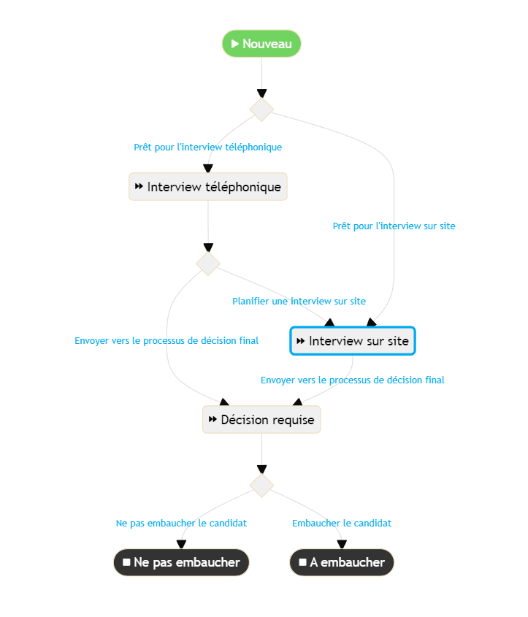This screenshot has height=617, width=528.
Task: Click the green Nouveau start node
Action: (261, 44)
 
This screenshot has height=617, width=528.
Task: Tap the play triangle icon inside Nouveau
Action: (235, 44)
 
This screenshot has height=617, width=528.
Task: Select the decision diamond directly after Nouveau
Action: (261, 110)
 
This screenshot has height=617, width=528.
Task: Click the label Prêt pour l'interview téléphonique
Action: (207, 147)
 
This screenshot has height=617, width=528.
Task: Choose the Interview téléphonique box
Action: (208, 187)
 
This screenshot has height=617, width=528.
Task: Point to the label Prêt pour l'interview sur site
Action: (394, 226)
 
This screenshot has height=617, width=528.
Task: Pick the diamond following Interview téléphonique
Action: (208, 263)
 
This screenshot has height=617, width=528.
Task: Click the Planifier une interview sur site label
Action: (299, 301)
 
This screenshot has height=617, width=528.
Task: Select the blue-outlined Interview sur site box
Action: (353, 341)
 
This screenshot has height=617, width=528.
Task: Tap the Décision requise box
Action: (261, 420)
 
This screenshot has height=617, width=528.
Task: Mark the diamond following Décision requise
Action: (261, 485)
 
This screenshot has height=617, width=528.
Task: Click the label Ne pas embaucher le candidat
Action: (181, 524)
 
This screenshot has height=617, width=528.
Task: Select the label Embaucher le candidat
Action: (342, 524)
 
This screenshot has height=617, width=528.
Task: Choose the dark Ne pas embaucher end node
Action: (181, 563)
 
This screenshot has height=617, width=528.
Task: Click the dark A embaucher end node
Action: (342, 563)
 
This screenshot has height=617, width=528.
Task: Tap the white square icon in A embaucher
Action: (302, 563)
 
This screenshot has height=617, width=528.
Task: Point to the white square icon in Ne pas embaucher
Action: (127, 563)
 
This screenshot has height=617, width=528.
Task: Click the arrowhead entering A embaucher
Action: (342, 544)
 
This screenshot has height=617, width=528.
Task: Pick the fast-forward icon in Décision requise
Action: (213, 420)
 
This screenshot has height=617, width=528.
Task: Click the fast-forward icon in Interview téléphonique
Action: (139, 187)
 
